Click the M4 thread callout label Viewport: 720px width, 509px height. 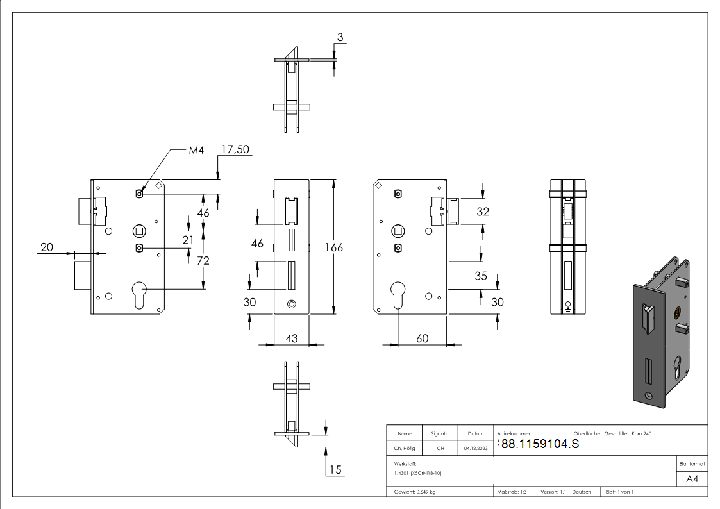pos(196,150)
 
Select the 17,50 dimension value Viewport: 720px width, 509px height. pos(235,149)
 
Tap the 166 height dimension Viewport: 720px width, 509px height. pos(334,247)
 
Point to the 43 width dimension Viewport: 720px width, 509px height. pos(292,338)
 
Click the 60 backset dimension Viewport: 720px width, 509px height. pos(422,338)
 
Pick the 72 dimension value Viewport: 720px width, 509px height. pos(203,261)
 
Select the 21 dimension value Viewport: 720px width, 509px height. pos(188,240)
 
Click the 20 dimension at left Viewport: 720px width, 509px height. pos(47,247)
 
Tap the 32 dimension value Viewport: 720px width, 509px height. pos(483,212)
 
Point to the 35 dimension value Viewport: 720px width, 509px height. pos(481,276)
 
